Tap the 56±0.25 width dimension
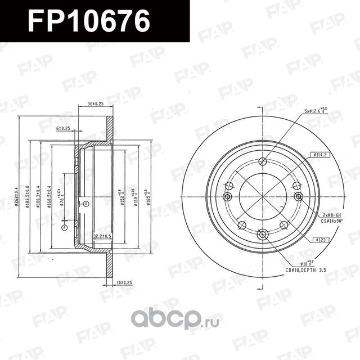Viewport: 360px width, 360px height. [94, 104]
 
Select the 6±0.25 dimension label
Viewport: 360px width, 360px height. [63, 128]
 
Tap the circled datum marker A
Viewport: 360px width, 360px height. [65, 227]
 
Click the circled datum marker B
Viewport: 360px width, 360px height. [86, 204]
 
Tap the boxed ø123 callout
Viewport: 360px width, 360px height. [321, 240]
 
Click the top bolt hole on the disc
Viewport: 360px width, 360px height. [262, 162]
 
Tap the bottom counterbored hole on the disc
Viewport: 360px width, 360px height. [263, 235]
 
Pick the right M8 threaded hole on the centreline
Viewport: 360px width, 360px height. [298, 196]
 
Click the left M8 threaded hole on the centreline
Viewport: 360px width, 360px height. [228, 196]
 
